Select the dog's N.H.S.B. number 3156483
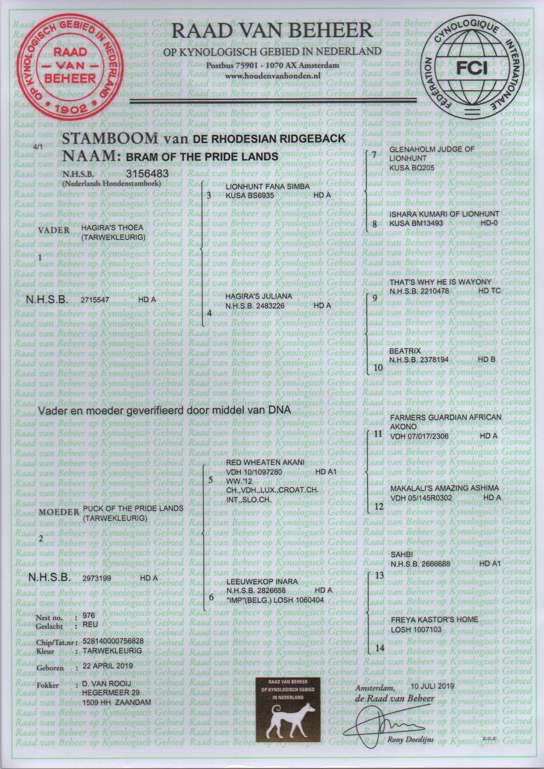point(147,173)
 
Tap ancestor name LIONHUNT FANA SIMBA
point(268,187)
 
